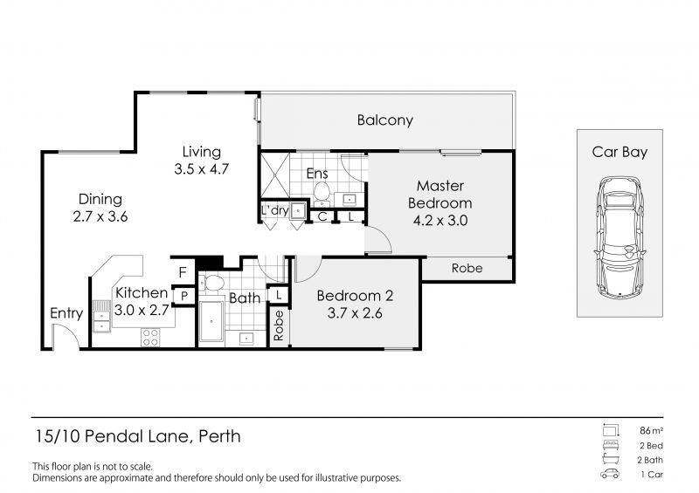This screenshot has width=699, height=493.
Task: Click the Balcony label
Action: click(x=384, y=120)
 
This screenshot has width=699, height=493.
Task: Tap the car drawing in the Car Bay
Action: click(x=619, y=237)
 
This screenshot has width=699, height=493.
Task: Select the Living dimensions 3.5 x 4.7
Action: click(x=202, y=169)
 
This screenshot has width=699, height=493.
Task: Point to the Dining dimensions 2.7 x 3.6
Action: click(x=100, y=216)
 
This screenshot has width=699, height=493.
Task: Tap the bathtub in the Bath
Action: click(x=211, y=320)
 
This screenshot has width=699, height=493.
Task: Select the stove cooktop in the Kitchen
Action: click(x=150, y=337)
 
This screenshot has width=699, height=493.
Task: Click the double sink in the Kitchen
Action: click(x=101, y=316)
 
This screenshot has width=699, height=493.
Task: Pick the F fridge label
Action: click(x=183, y=272)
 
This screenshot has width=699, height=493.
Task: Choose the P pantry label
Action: click(x=184, y=296)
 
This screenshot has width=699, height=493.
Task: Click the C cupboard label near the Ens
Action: click(x=322, y=217)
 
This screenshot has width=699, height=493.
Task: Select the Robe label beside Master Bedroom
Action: click(x=467, y=268)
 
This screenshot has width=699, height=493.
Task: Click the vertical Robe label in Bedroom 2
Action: click(x=279, y=326)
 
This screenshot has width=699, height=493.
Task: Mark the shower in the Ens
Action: click(x=274, y=175)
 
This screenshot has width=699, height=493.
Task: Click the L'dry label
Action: click(x=274, y=210)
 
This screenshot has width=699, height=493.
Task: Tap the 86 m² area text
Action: click(x=651, y=431)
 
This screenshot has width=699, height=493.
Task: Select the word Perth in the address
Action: click(x=219, y=436)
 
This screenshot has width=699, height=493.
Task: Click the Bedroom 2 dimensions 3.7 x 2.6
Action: click(x=355, y=313)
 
